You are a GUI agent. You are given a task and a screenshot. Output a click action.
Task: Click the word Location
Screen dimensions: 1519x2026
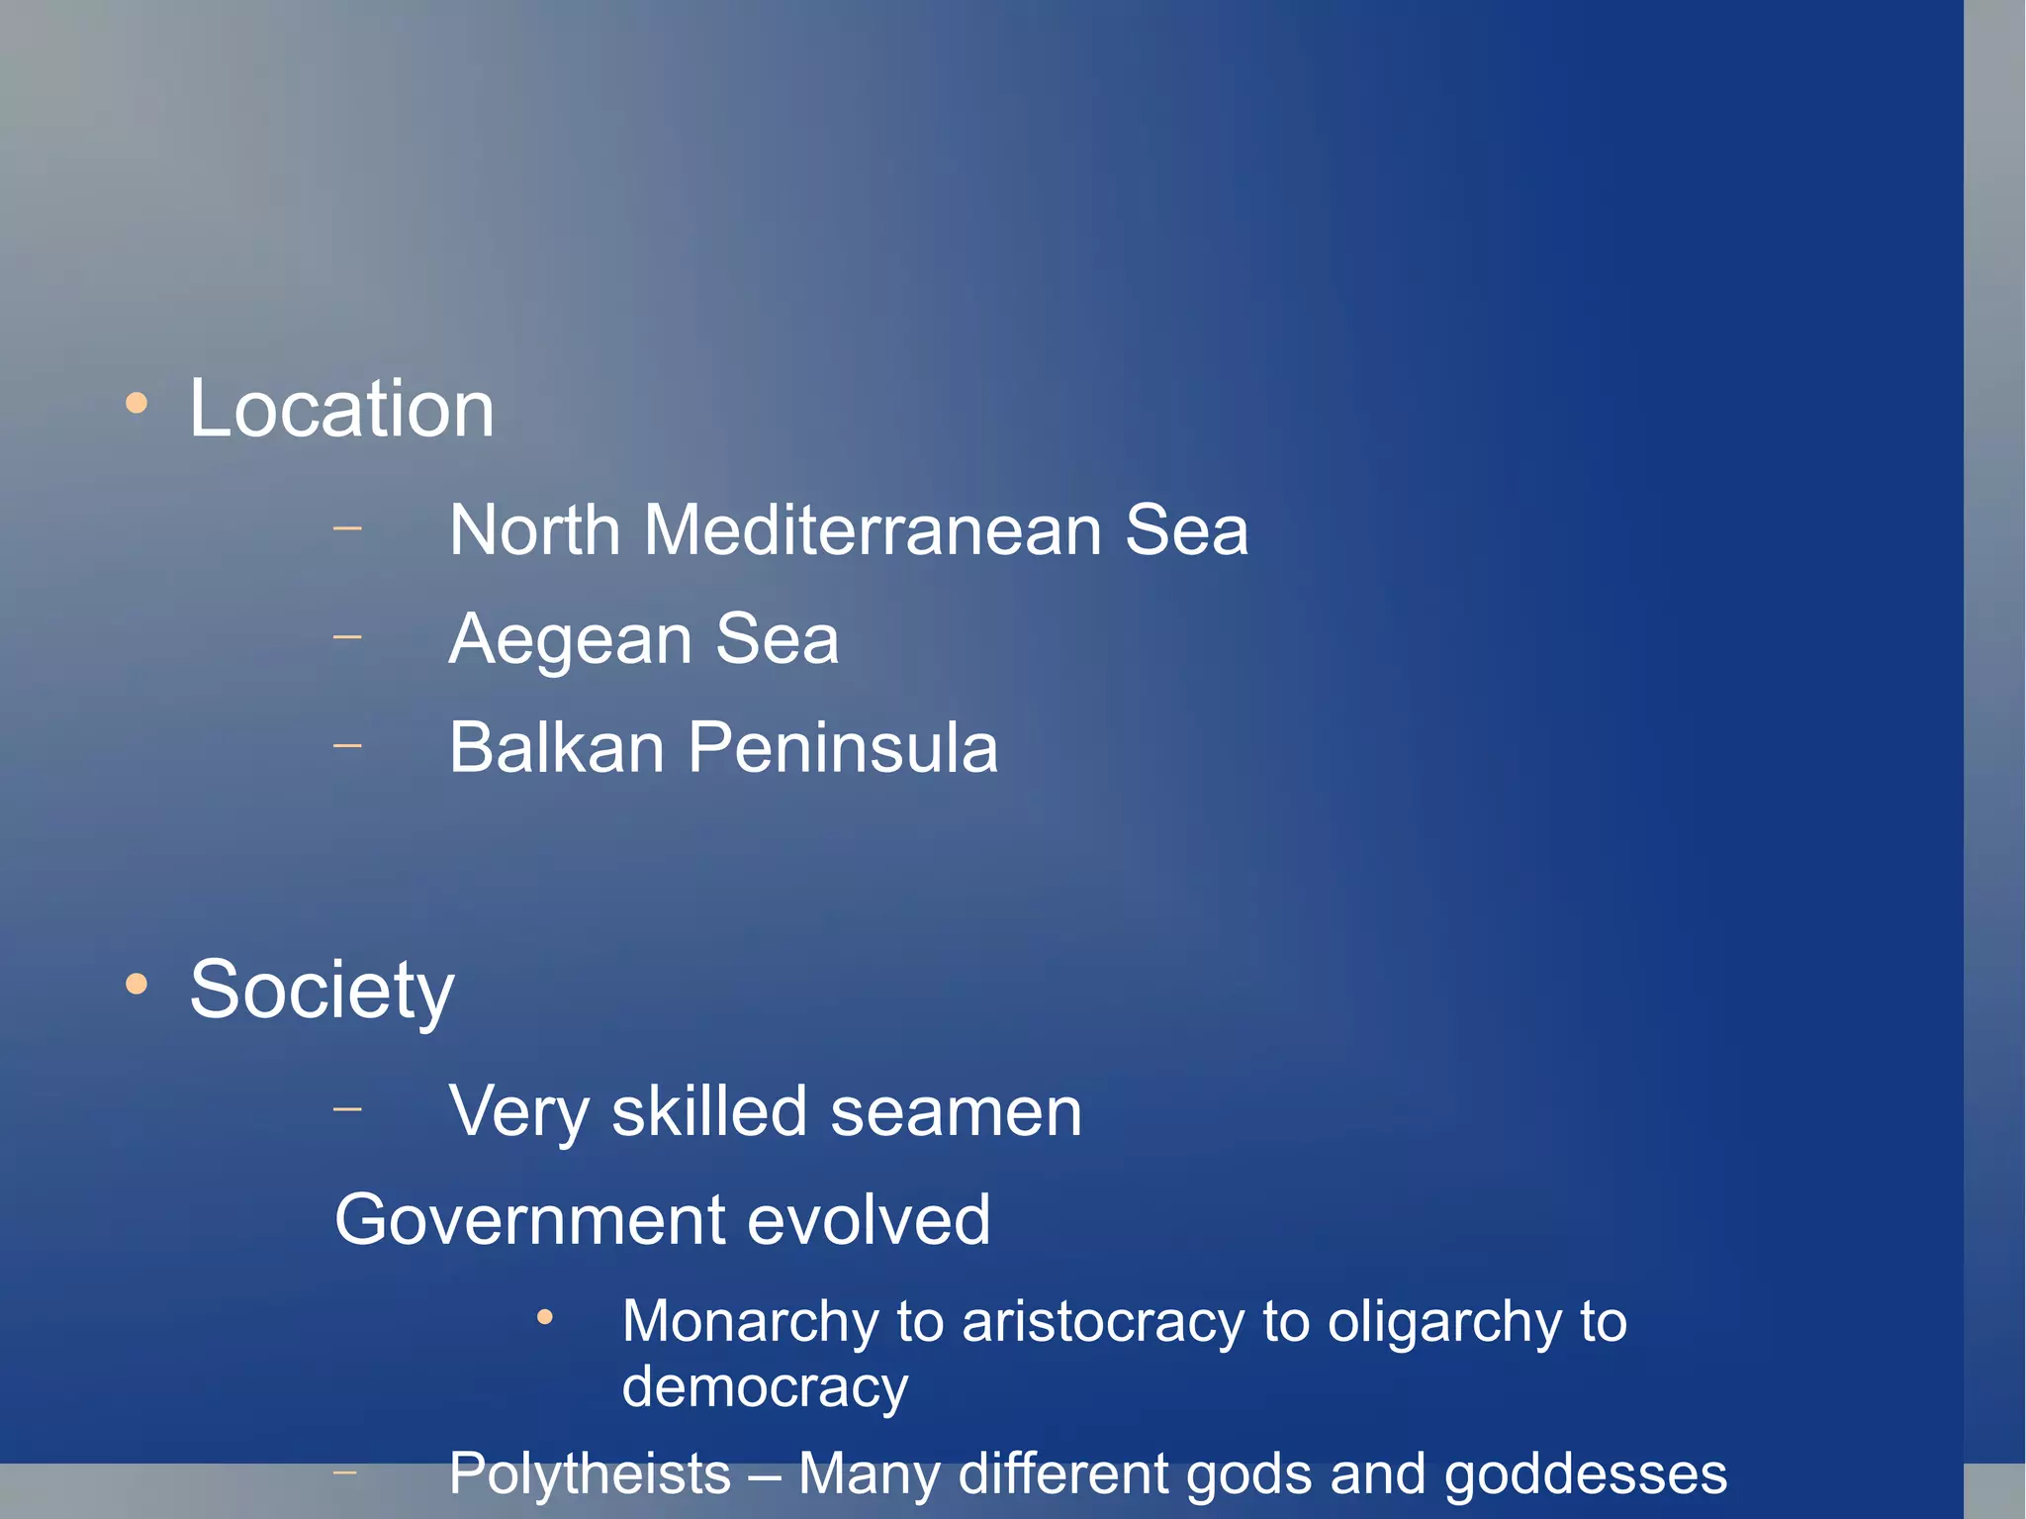(341, 409)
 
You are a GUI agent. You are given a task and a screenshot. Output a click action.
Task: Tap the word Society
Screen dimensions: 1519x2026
(322, 990)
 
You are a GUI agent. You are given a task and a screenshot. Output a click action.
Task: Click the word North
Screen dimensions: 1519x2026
(534, 530)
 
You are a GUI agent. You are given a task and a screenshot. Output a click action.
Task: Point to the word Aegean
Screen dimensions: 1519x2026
(570, 640)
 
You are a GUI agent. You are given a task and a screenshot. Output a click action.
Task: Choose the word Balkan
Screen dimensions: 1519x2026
(556, 747)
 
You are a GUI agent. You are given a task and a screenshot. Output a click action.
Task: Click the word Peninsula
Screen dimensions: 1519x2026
(842, 747)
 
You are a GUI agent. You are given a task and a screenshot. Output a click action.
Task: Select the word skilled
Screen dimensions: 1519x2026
(709, 1111)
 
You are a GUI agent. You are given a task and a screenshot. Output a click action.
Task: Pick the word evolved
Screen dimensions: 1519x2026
(869, 1220)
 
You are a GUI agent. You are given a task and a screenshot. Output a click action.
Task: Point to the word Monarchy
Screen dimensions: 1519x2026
(749, 1322)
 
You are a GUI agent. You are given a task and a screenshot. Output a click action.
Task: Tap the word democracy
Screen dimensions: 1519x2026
(765, 1386)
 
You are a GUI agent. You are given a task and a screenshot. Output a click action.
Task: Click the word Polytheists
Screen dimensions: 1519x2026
(590, 1473)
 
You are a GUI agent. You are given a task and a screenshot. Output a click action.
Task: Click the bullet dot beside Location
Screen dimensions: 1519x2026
(137, 403)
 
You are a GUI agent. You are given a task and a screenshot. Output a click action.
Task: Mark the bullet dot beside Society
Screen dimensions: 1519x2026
(137, 984)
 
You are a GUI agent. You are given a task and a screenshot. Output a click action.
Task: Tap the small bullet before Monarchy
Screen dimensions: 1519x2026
(544, 1317)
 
